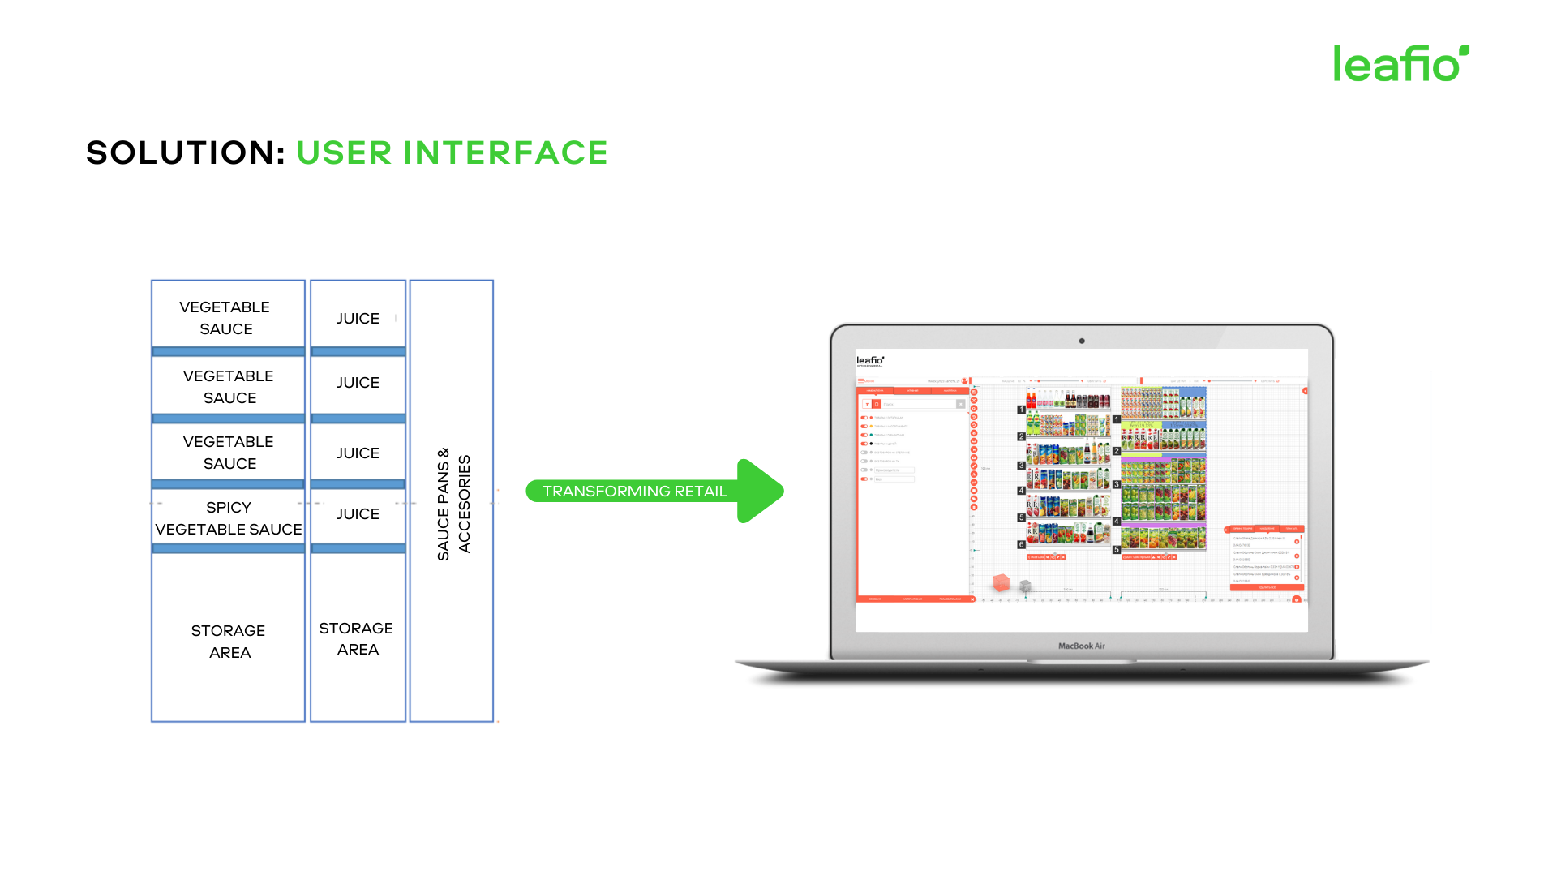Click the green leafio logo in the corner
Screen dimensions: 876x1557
tap(1400, 63)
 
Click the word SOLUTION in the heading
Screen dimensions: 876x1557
tap(186, 152)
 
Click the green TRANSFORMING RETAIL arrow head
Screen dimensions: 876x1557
tap(759, 491)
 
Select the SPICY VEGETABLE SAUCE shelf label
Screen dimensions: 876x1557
tap(228, 518)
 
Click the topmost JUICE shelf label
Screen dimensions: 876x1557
tap(358, 319)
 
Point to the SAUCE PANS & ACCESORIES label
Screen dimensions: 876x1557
tap(453, 504)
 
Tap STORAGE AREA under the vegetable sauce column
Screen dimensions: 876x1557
tap(228, 642)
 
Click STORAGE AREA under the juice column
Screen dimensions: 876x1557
tap(357, 638)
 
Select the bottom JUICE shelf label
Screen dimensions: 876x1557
tap(358, 514)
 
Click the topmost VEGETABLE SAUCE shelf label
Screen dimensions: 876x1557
tap(225, 318)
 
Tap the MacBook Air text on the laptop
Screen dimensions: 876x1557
tap(1081, 646)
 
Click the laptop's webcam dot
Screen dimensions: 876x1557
tap(1082, 341)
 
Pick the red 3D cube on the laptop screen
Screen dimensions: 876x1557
tap(1002, 582)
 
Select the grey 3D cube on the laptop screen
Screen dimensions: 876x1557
tap(1025, 586)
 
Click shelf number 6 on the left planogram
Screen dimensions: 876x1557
tap(1021, 545)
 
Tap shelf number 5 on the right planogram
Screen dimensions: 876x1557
tap(1117, 550)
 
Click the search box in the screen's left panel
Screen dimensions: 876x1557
tap(916, 404)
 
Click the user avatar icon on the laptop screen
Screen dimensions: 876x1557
tap(964, 380)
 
